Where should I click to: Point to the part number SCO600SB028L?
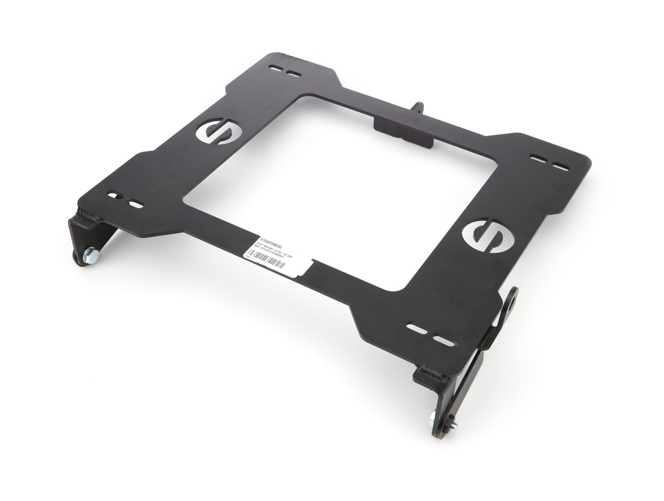pyautogui.click(x=269, y=235)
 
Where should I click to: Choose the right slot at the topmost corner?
pyautogui.click(x=295, y=73)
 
